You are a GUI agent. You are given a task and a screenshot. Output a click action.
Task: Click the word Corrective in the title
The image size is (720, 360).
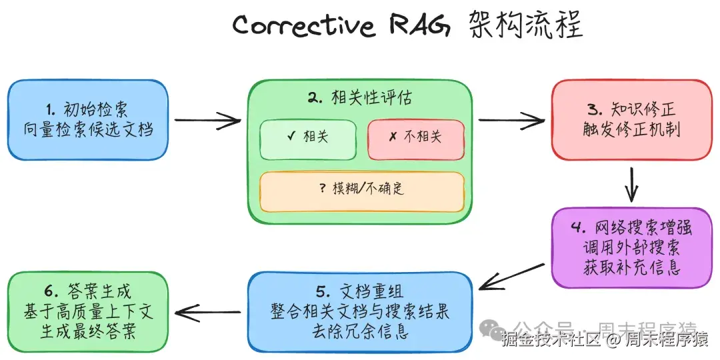pyautogui.click(x=303, y=27)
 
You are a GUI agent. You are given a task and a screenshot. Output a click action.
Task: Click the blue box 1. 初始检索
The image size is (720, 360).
pyautogui.click(x=87, y=120)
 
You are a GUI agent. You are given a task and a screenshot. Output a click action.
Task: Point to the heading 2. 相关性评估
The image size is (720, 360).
pyautogui.click(x=359, y=97)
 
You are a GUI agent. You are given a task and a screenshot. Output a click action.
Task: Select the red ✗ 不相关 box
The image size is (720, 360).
pyautogui.click(x=415, y=139)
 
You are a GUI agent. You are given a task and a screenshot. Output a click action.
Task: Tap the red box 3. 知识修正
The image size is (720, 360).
pyautogui.click(x=631, y=120)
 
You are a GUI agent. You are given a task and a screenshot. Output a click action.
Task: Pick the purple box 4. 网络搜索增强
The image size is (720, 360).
pyautogui.click(x=630, y=247)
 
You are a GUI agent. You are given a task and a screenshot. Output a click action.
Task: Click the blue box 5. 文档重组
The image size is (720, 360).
pyautogui.click(x=359, y=311)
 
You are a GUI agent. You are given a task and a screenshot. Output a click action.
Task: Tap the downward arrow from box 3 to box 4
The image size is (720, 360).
pyautogui.click(x=631, y=183)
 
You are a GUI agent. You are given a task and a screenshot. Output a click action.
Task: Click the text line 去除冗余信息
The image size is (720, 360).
pyautogui.click(x=359, y=331)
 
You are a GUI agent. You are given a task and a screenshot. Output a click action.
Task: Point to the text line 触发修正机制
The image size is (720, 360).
pyautogui.click(x=631, y=130)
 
